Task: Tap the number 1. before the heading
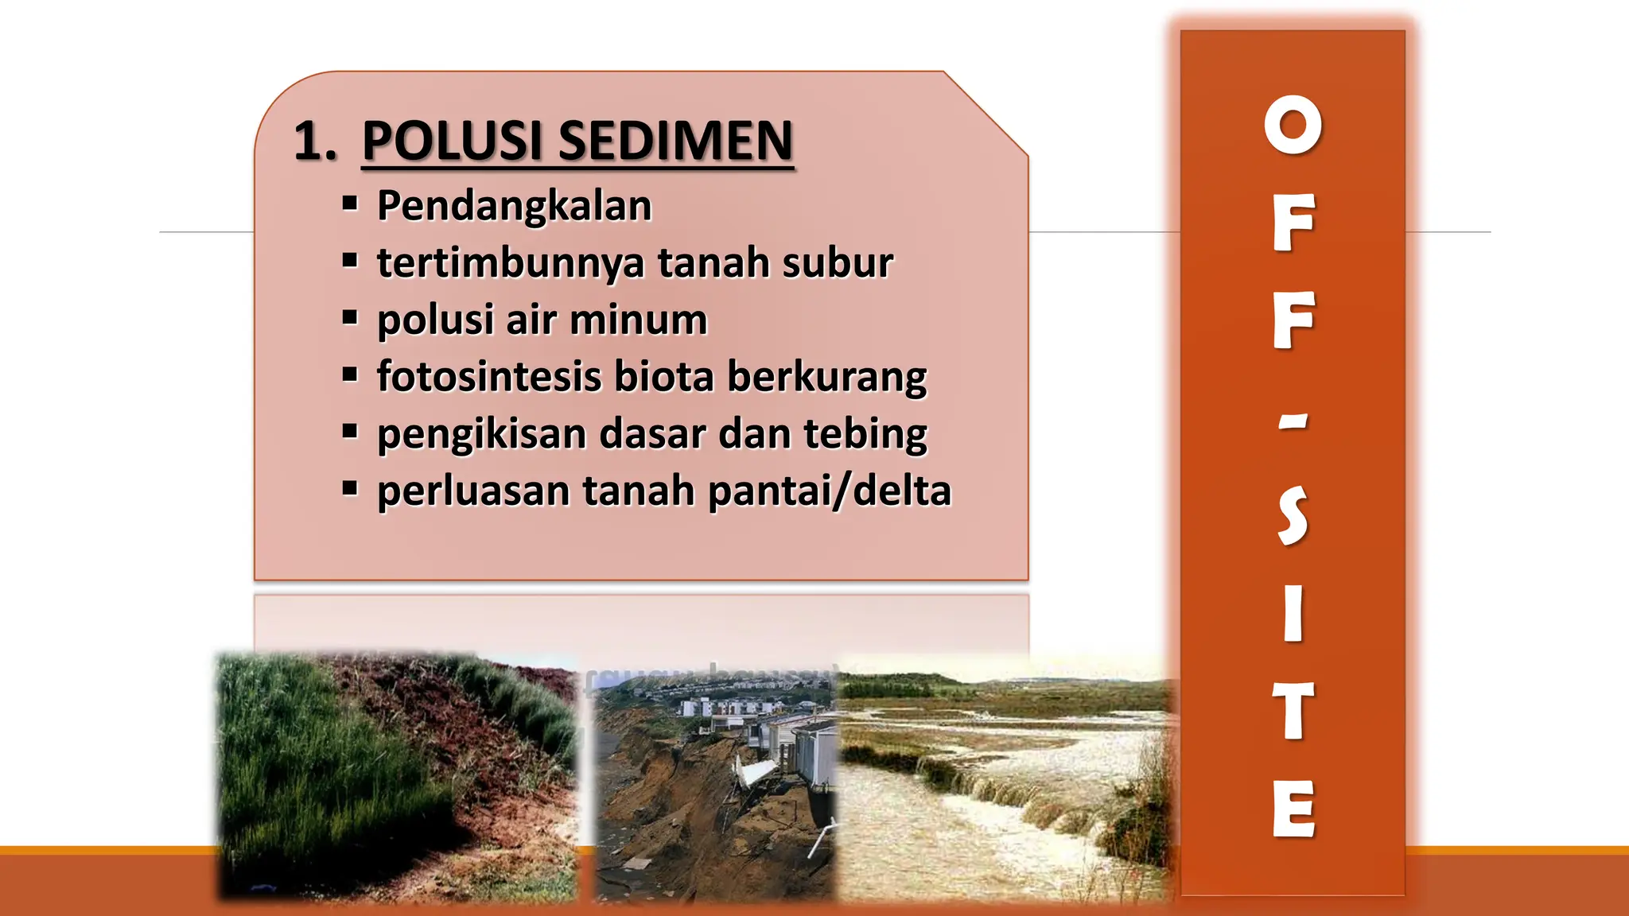[x=315, y=142]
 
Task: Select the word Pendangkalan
[x=514, y=205]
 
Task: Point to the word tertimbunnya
[x=510, y=262]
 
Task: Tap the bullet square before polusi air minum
[x=350, y=317]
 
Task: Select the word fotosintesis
[x=488, y=377]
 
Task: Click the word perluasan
[x=473, y=491]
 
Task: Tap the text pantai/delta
[x=829, y=491]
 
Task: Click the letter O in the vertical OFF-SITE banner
[x=1293, y=125]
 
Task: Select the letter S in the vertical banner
[x=1293, y=516]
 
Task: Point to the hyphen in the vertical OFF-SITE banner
[x=1293, y=422]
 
